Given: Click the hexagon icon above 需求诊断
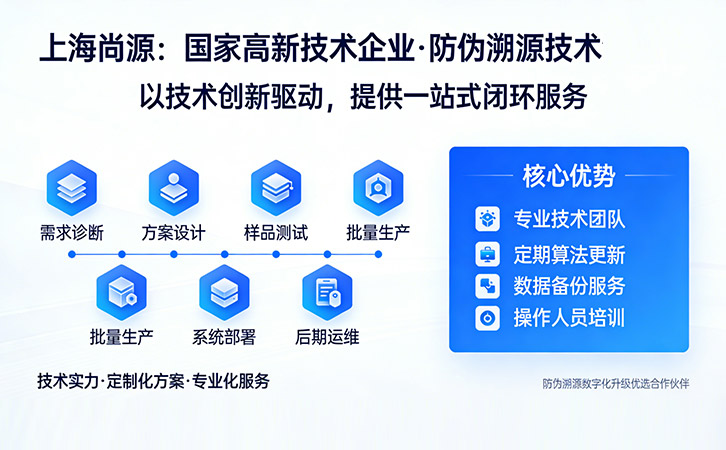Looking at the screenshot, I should click(71, 186).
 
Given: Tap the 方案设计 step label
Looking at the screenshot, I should click(173, 232).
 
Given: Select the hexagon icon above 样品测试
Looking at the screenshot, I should click(275, 186).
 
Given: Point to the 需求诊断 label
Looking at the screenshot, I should click(71, 232).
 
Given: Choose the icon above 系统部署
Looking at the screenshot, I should click(224, 291).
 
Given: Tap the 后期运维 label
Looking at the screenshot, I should click(327, 337).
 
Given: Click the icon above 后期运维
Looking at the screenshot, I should click(327, 291).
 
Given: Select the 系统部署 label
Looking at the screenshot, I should click(224, 337).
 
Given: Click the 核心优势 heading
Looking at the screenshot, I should click(568, 176).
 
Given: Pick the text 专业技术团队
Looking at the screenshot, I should click(569, 218).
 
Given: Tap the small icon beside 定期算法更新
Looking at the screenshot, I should click(487, 253).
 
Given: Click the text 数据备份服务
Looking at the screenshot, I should click(569, 286).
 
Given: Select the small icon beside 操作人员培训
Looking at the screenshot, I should click(487, 319).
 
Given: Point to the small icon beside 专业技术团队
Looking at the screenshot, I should click(487, 218).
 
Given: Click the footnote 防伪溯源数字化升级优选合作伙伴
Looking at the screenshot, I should click(616, 383).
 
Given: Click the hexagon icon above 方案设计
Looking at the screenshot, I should click(173, 186).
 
